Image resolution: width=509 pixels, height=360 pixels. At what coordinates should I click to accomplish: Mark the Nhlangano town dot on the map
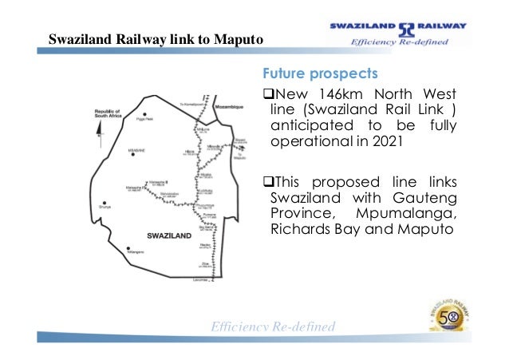point(128,248)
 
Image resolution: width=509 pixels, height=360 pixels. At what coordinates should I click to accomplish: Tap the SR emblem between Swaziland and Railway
point(407,25)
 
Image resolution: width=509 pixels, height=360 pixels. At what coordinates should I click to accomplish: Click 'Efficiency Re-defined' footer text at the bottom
point(271,327)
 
